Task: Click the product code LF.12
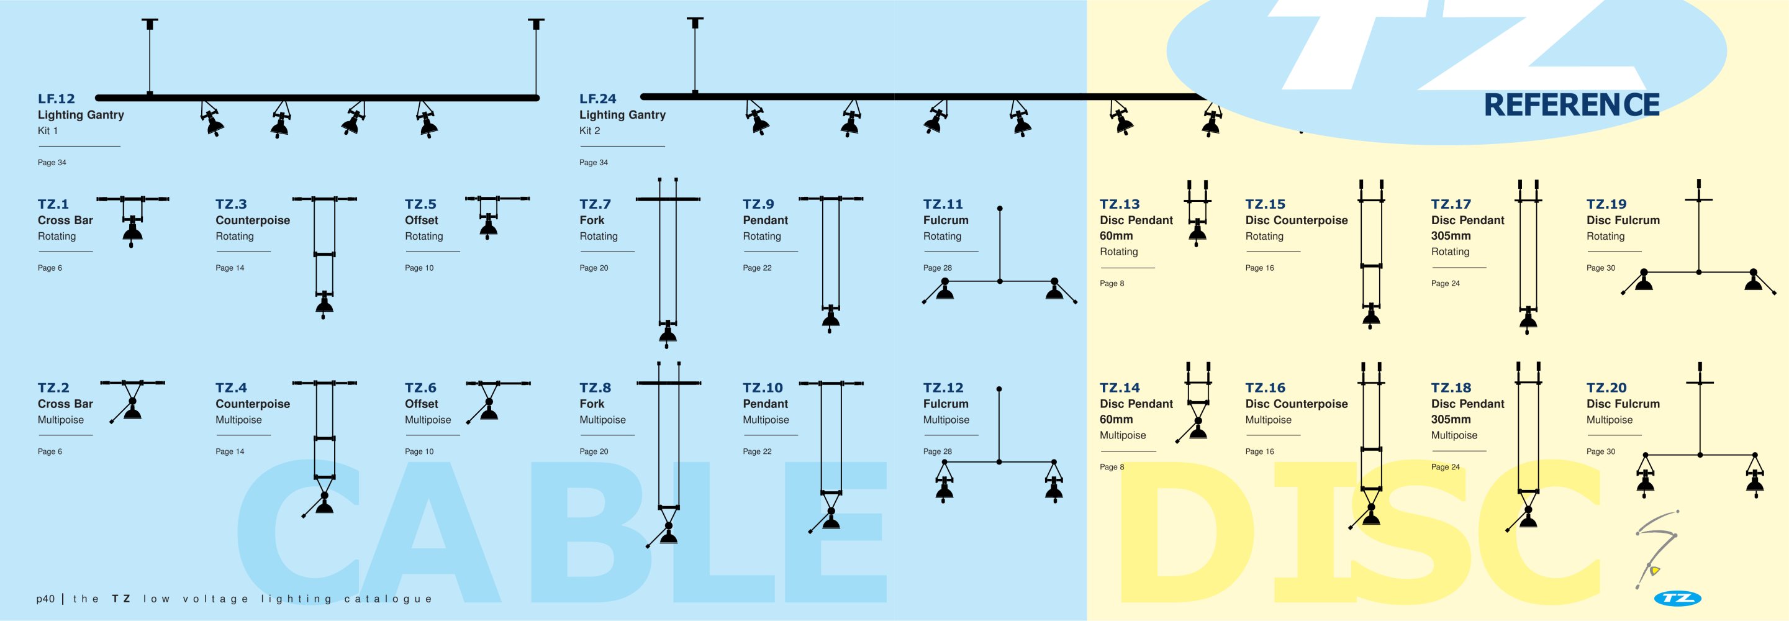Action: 57,99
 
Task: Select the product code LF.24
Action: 598,99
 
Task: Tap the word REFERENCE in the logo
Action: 1572,105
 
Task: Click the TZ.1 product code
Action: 53,204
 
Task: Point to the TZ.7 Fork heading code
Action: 595,204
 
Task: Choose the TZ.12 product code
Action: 943,388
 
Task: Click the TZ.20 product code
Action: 1606,388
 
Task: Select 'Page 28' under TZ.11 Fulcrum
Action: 938,268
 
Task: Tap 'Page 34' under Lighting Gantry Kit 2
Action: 594,163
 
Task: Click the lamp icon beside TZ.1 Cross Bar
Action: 132,229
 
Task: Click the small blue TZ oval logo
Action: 1677,598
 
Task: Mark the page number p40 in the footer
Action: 45,599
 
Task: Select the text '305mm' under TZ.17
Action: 1451,235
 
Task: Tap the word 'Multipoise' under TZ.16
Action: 1268,420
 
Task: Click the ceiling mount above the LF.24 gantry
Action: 695,23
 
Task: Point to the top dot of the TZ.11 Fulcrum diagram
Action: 1000,209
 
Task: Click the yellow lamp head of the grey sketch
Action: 1655,571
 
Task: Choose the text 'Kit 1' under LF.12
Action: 48,130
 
